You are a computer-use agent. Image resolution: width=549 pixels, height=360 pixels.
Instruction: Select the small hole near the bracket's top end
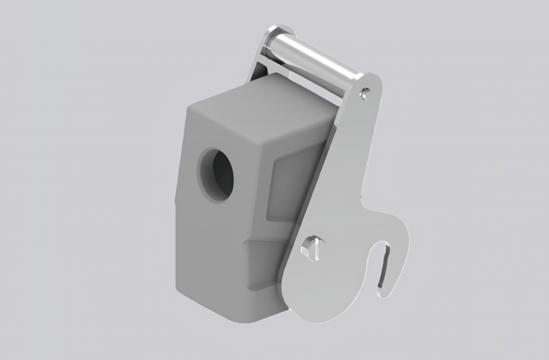pyautogui.click(x=365, y=94)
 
